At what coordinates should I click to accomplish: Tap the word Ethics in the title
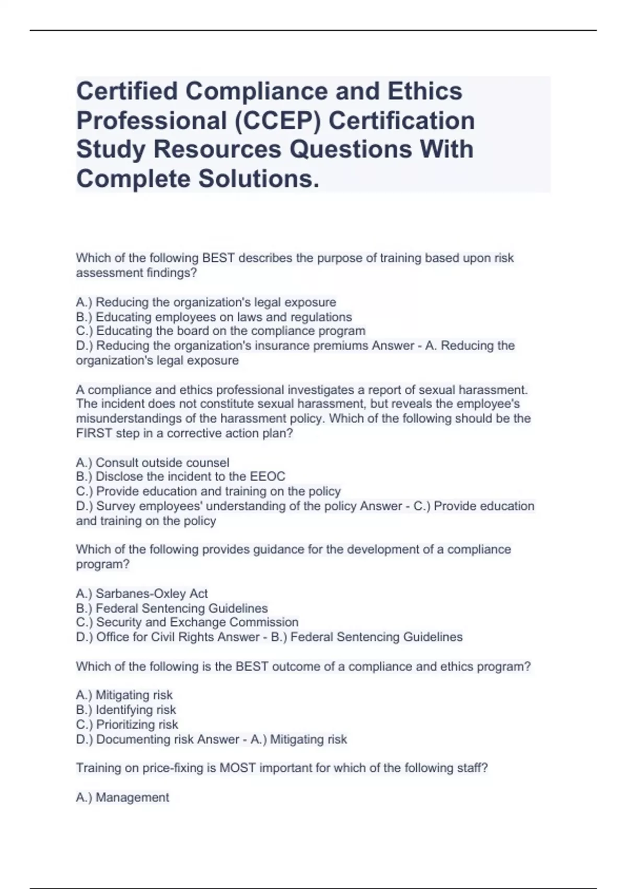coord(424,91)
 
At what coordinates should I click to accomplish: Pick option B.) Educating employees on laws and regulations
coord(214,317)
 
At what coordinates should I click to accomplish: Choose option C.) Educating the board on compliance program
coord(220,331)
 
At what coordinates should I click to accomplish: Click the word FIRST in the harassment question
coord(94,433)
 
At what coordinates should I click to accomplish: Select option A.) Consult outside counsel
coord(153,462)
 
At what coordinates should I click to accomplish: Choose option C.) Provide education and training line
coord(208,491)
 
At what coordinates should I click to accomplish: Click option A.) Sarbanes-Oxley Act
coord(142,594)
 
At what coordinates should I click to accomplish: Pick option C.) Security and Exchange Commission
coord(187,622)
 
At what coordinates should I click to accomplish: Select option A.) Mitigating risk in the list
coord(124,695)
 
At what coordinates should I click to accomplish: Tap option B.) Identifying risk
coord(126,710)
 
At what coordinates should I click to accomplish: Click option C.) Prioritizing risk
coord(127,724)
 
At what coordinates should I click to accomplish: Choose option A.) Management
coord(122,797)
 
